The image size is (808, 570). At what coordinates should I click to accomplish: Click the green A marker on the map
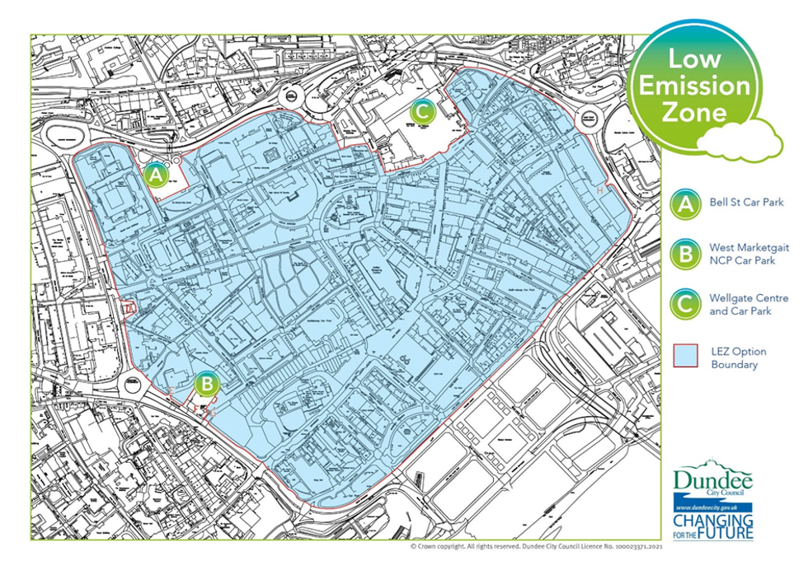[156, 175]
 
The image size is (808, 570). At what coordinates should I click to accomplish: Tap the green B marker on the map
[206, 383]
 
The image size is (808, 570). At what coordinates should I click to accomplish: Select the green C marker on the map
[421, 110]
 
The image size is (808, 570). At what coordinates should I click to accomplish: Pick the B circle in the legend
[684, 254]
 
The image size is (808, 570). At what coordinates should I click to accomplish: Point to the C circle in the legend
[684, 304]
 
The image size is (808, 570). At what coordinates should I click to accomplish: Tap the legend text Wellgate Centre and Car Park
[749, 304]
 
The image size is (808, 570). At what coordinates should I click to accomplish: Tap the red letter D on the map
[126, 308]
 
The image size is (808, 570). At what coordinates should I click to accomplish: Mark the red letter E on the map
[171, 390]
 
